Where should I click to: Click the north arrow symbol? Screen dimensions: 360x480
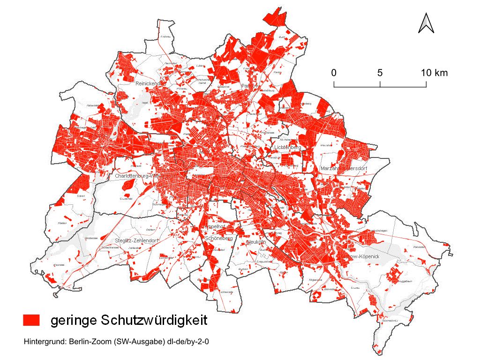tap(426, 23)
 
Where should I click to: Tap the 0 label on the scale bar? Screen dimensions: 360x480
tap(333, 73)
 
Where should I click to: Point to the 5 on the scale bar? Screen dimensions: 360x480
tap(380, 73)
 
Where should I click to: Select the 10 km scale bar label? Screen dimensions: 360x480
tap(434, 73)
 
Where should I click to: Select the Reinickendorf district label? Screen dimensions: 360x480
tap(149, 83)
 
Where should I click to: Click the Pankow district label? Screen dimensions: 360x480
tap(250, 86)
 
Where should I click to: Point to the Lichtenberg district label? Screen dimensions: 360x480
tap(287, 148)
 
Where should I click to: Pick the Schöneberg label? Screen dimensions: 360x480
tap(219, 238)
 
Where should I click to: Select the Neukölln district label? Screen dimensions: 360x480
tap(256, 242)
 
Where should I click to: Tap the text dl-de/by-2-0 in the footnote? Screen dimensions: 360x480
tap(187, 342)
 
